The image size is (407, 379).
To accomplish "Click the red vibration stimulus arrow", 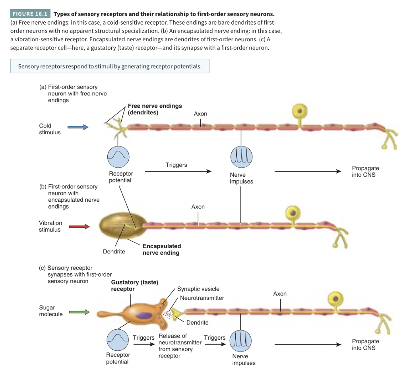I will pyautogui.click(x=79, y=227).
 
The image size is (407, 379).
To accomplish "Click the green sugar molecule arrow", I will pyautogui.click(x=79, y=312).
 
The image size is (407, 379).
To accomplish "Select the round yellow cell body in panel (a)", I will pyautogui.click(x=300, y=110).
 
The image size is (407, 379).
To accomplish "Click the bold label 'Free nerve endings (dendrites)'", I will pyautogui.click(x=155, y=109).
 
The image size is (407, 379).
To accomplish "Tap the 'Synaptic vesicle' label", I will pyautogui.click(x=198, y=289).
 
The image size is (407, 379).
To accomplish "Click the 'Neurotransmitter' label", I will pyautogui.click(x=202, y=298).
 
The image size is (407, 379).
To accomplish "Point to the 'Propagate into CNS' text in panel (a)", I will pyautogui.click(x=365, y=172).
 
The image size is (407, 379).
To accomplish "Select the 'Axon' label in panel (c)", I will pyautogui.click(x=280, y=294).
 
